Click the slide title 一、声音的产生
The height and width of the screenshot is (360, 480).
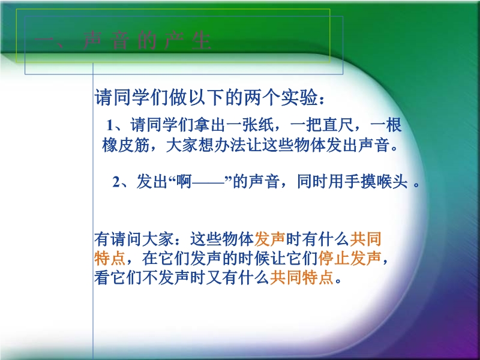click(123, 41)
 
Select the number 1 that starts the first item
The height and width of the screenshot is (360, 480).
click(110, 125)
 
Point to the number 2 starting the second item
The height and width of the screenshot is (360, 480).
click(116, 182)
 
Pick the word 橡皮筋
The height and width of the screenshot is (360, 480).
click(126, 145)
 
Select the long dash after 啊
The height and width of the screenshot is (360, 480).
click(208, 184)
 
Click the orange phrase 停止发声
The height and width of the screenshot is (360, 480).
click(350, 258)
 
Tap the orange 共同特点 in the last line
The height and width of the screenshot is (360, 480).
click(302, 278)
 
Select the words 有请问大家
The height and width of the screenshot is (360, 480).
click(134, 239)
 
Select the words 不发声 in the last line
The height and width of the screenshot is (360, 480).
click(166, 278)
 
